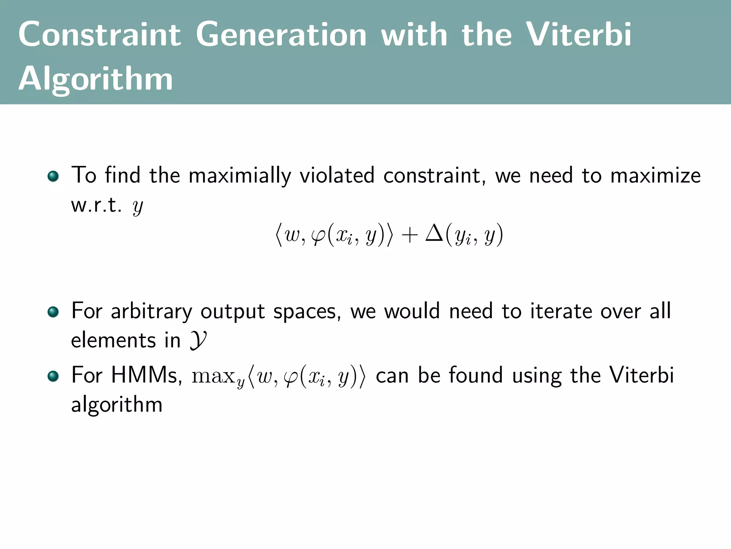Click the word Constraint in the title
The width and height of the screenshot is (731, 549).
[x=100, y=34]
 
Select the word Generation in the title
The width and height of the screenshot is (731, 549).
[x=281, y=34]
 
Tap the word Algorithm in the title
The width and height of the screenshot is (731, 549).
[x=96, y=79]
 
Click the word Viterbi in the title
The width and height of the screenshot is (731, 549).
[x=579, y=34]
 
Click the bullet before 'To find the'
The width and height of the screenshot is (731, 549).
[x=53, y=176]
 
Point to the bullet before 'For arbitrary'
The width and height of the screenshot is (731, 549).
[x=53, y=312]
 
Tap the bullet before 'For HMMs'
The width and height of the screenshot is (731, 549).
[x=53, y=376]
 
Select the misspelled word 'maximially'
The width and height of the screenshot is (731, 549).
[x=240, y=176]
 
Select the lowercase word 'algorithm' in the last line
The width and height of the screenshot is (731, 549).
[x=117, y=405]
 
